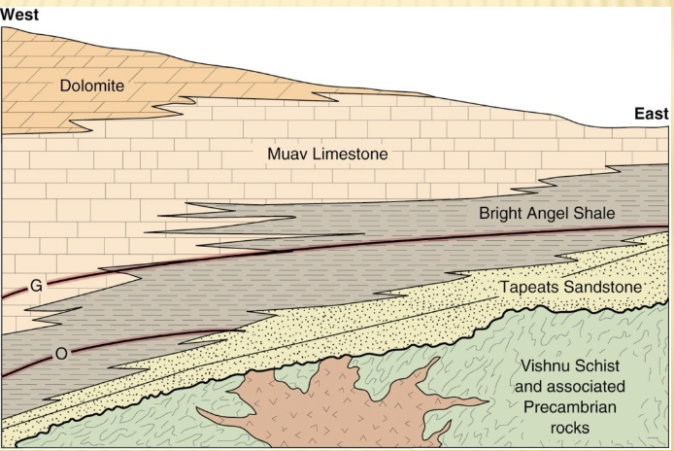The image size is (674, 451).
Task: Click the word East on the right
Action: point(652,114)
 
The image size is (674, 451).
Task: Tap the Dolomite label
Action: point(92,86)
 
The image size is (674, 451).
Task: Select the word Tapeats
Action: point(529,287)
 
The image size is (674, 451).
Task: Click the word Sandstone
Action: point(602,287)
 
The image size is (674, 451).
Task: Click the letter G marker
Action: point(37,286)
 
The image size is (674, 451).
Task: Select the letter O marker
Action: point(60,354)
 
